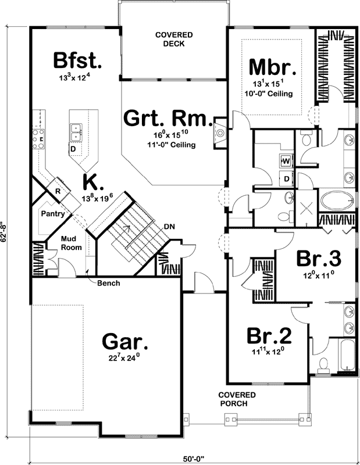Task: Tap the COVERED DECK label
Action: tap(173, 40)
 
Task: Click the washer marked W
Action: tap(286, 160)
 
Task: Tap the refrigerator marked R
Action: tap(59, 191)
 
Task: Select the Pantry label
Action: tap(52, 214)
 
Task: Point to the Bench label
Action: tap(109, 284)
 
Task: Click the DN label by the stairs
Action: tap(169, 227)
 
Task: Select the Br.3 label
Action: tap(319, 257)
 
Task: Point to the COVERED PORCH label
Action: tap(233, 399)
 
